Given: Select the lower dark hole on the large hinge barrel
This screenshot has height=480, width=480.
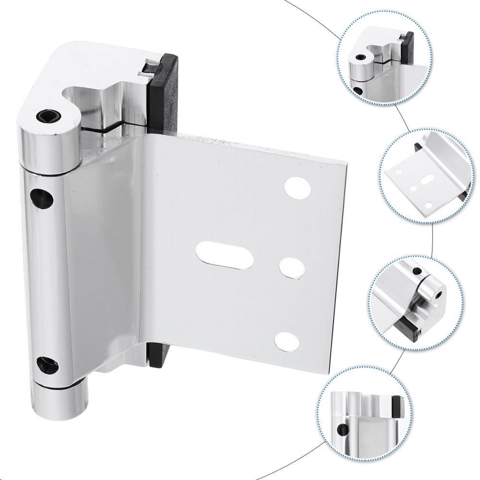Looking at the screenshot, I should [48, 366].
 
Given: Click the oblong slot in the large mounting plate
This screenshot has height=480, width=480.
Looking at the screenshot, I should [225, 255].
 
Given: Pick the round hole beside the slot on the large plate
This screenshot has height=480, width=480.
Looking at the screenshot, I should [292, 267].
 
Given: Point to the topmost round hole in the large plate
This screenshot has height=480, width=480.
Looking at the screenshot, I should [297, 188].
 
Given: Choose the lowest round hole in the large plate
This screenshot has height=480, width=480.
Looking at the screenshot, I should [287, 342].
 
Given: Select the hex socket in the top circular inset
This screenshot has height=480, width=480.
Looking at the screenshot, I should [360, 58].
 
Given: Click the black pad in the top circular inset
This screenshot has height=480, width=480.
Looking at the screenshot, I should [408, 46].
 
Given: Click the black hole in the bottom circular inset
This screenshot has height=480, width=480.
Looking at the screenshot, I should [343, 430].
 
